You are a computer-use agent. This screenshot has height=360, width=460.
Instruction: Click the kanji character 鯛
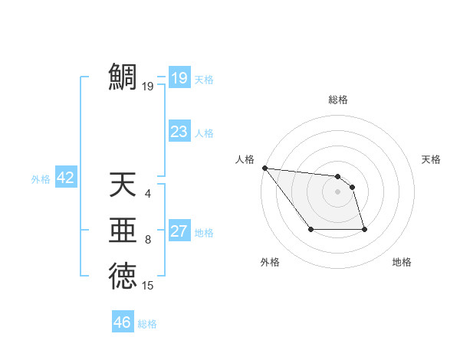coord(123,77)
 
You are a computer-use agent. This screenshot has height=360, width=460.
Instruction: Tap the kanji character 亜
coord(123,231)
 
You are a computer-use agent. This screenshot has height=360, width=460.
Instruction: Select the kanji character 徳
coord(123,276)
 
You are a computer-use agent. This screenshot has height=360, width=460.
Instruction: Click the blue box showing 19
coord(179,77)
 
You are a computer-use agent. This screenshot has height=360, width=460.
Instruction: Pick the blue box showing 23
coord(179,131)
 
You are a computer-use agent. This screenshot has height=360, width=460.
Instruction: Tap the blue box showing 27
coord(179,231)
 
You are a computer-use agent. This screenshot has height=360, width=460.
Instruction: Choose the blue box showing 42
coord(65,178)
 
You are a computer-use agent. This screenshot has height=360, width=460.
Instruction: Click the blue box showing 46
coord(123,322)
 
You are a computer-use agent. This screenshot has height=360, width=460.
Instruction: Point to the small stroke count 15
coord(148,286)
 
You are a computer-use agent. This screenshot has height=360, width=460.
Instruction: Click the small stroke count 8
coord(148,240)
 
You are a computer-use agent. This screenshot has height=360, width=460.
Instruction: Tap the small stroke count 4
coord(148,194)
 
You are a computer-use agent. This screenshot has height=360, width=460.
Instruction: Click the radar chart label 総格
coord(338,100)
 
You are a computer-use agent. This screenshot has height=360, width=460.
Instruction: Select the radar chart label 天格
coord(432,159)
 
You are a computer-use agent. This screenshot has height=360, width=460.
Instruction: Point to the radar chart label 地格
coord(402,262)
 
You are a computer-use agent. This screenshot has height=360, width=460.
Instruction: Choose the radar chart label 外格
coord(270,262)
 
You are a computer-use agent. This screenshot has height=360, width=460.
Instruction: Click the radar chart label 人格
coord(245,159)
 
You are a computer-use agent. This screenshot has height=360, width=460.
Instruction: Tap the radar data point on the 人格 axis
coord(264,168)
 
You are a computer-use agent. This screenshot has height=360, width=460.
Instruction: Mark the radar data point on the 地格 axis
coord(364,229)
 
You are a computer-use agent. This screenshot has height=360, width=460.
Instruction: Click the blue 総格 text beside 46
coord(147,324)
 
